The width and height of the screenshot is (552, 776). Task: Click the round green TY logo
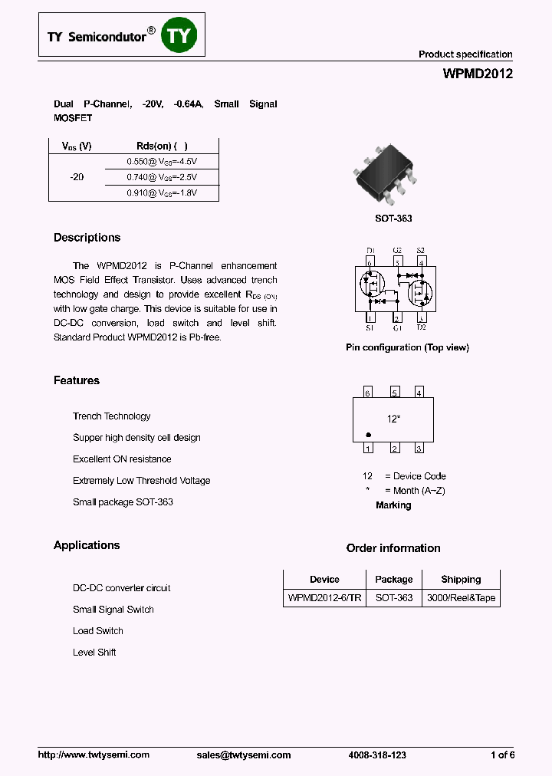point(179,35)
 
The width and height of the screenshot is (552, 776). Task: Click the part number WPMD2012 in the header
point(478,74)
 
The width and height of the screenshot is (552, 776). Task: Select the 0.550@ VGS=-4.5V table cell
point(162,161)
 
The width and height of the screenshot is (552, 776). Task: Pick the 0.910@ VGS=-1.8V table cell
point(162,193)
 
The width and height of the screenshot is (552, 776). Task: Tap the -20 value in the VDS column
point(77,177)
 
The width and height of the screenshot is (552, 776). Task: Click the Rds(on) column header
point(162,146)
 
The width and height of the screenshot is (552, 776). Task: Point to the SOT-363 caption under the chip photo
point(393,219)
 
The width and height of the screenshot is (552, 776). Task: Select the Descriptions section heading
point(87,238)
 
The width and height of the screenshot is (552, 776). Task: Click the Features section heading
point(77,380)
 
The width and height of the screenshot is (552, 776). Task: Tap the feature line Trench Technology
point(112,416)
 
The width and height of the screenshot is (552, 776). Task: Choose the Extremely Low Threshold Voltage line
point(141,481)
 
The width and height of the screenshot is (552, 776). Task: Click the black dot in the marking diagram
point(369,434)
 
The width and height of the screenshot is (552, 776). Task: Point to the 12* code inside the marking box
point(393,419)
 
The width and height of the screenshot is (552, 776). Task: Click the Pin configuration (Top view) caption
point(407,347)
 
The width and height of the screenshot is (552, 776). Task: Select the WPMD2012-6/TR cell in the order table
point(324,597)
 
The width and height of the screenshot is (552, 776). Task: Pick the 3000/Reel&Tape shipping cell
point(461,597)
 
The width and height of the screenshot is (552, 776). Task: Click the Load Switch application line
point(98,631)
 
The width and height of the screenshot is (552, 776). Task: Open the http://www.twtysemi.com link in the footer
point(94,755)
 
